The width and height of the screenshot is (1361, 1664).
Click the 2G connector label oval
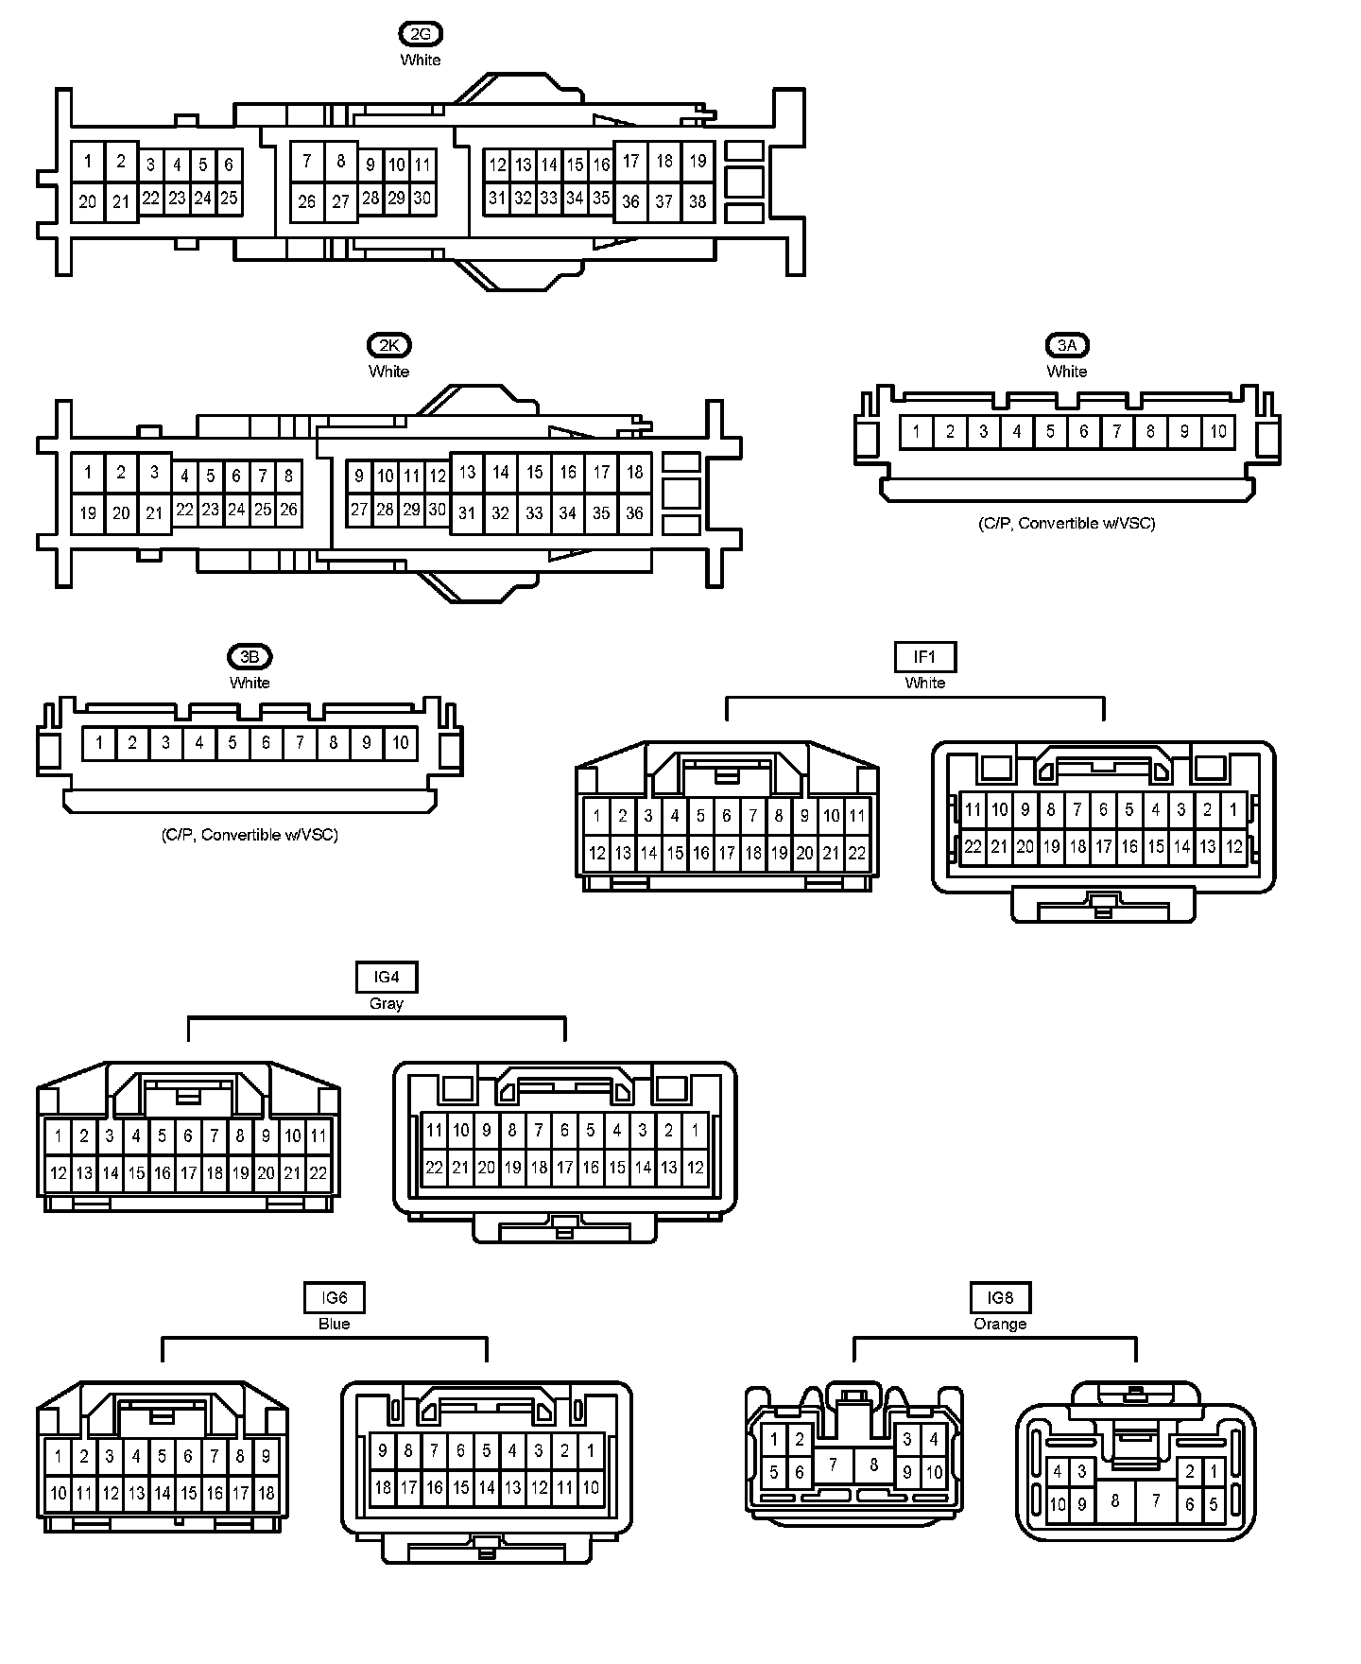tap(421, 35)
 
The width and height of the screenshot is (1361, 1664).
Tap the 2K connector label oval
tap(389, 346)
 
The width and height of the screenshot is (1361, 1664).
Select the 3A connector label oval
tap(1067, 346)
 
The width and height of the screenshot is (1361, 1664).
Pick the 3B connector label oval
tap(250, 657)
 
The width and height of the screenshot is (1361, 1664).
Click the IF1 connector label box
tap(924, 657)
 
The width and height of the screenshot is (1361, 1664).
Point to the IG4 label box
tap(387, 978)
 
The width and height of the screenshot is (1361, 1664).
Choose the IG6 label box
tap(334, 1298)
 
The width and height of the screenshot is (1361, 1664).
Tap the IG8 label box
tap(1000, 1298)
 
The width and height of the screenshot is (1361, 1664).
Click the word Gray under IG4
tap(387, 1004)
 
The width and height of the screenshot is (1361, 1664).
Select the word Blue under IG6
tap(334, 1325)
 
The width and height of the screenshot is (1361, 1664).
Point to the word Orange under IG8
tap(1000, 1325)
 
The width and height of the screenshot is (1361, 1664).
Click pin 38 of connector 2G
tap(698, 201)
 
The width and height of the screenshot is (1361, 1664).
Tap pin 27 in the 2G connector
tap(340, 201)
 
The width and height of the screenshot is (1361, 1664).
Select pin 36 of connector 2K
tap(634, 513)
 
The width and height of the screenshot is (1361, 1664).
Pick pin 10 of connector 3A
tap(1218, 432)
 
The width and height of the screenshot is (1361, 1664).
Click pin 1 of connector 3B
tap(99, 743)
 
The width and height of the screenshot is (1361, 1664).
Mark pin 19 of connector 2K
tap(88, 513)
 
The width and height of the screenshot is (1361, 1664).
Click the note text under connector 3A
tap(1067, 524)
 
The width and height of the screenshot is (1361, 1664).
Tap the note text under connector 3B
tap(250, 835)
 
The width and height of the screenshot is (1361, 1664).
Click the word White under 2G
tap(421, 61)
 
